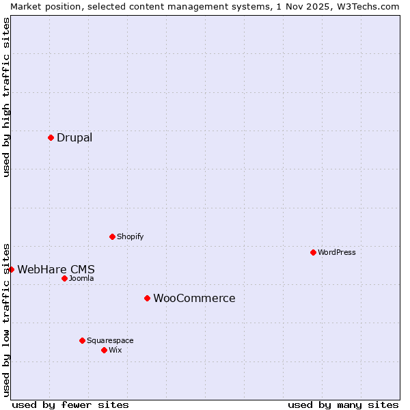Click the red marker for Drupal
click(x=51, y=137)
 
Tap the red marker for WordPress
click(x=313, y=252)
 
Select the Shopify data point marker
click(x=112, y=236)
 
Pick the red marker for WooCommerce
click(x=147, y=298)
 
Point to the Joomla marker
click(x=64, y=278)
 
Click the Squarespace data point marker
click(x=82, y=340)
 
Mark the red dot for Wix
click(x=104, y=350)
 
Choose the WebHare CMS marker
click(x=11, y=269)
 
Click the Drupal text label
click(x=74, y=137)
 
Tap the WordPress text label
click(x=337, y=252)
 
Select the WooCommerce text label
click(x=194, y=298)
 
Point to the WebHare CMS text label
click(x=56, y=269)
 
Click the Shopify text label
click(x=130, y=236)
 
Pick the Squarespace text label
click(x=110, y=340)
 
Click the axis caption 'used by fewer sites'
click(x=70, y=405)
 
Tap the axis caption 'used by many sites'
click(x=343, y=405)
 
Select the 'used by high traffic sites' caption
click(x=6, y=97)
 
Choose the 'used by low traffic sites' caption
click(x=6, y=319)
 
